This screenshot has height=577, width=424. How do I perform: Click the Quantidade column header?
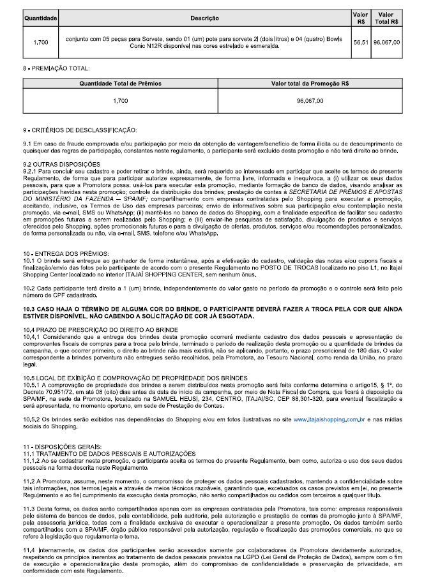[41, 17]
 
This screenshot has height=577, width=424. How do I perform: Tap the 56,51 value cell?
[360, 42]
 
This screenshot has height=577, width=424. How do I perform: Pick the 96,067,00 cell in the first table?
[386, 42]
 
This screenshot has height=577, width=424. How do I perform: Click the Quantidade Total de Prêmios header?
[120, 83]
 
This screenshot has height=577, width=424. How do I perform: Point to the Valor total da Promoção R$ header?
[310, 83]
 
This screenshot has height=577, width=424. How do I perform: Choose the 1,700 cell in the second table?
[120, 101]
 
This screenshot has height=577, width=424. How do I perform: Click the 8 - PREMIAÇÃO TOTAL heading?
[56, 67]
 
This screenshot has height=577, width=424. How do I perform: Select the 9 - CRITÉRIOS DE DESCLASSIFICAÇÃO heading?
[80, 130]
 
